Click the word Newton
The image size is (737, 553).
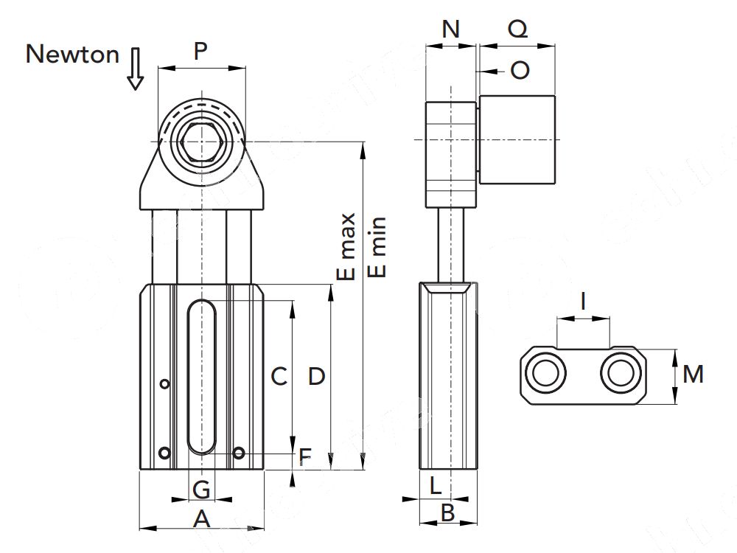tap(72, 54)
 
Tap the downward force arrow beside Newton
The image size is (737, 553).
tap(135, 69)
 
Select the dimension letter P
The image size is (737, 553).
tap(200, 52)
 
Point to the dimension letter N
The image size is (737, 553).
tap(450, 29)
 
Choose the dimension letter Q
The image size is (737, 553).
tap(518, 29)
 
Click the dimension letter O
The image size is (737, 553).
tap(520, 71)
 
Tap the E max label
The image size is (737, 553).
tap(346, 247)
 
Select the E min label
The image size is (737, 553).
tap(377, 247)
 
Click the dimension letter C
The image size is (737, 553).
tap(279, 377)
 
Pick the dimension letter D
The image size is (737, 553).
tap(316, 377)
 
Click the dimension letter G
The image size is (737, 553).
tap(201, 488)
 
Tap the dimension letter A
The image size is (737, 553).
tap(201, 519)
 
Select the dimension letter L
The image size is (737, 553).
tap(435, 486)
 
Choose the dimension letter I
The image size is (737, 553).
tap(583, 301)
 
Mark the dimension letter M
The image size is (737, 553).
tap(693, 375)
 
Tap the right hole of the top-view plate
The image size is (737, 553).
tap(621, 373)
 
